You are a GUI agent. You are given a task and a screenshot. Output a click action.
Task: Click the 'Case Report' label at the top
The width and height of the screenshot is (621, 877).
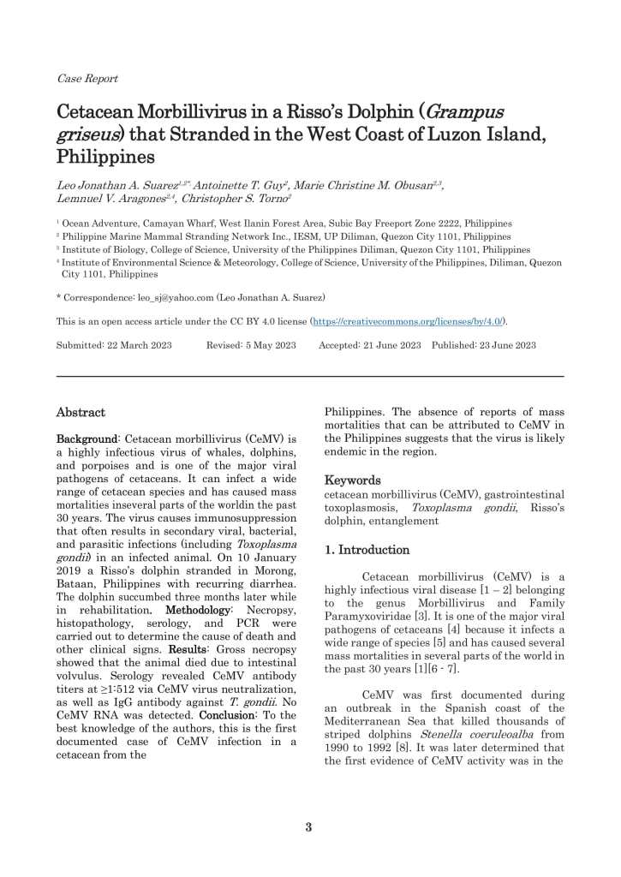[87, 79]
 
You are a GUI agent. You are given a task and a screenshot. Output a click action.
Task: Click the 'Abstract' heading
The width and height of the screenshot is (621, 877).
[81, 412]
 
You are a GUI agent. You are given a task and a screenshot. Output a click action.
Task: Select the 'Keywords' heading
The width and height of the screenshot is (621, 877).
[352, 480]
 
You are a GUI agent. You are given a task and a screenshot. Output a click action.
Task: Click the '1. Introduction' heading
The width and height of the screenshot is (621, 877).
[367, 550]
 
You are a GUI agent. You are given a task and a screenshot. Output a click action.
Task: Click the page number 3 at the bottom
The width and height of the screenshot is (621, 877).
[309, 827]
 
